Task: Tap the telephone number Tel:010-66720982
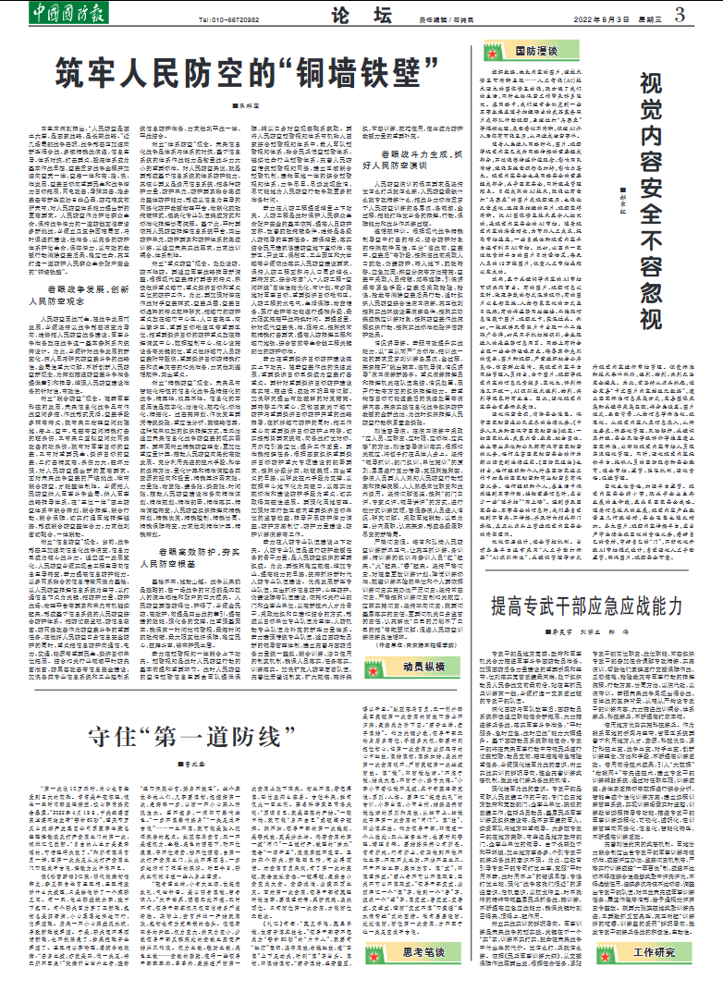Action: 229,18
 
